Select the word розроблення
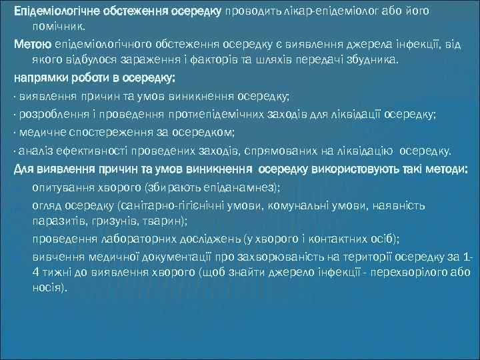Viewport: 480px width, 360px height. (48, 114)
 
